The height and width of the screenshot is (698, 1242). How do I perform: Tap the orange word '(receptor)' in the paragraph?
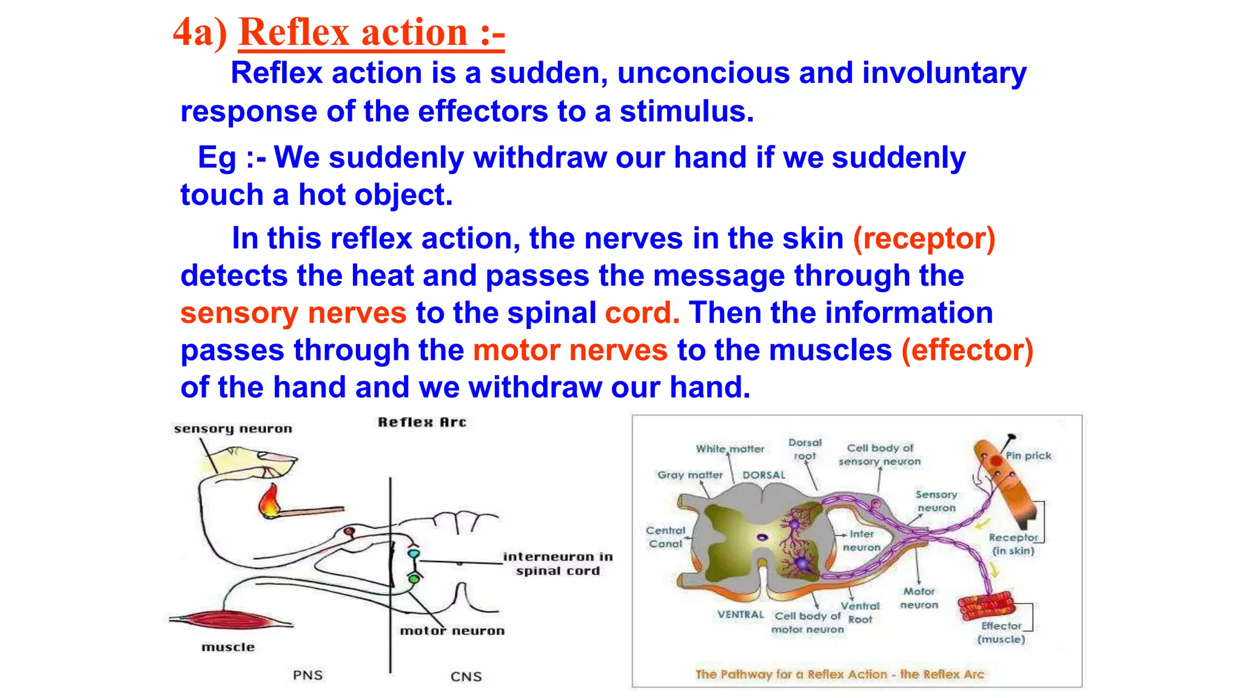(924, 238)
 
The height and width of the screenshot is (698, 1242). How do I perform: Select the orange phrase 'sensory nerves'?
(293, 313)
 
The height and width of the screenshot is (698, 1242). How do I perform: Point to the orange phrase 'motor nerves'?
(570, 350)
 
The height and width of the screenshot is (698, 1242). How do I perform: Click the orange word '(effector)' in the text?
(967, 350)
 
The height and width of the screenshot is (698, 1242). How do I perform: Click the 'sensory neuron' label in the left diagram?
(233, 429)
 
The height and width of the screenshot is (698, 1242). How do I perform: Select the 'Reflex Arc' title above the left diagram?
(421, 422)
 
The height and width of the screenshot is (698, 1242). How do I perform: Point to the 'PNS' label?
(307, 675)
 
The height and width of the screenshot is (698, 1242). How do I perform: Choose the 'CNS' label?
(466, 676)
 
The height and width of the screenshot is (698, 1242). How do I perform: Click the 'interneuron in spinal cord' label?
(557, 563)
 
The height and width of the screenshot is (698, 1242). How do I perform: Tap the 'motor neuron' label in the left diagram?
(452, 631)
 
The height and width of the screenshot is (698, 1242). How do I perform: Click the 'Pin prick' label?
(1028, 456)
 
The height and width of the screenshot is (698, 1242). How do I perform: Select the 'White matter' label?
(730, 449)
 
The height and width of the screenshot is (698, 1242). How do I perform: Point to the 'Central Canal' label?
(665, 537)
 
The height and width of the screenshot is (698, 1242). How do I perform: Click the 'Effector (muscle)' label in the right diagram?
(1001, 633)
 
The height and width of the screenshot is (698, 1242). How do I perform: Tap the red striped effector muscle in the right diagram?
(986, 605)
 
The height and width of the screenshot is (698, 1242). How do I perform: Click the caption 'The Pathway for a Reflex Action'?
(839, 674)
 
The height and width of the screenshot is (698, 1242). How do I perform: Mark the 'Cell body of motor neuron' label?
(807, 623)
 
